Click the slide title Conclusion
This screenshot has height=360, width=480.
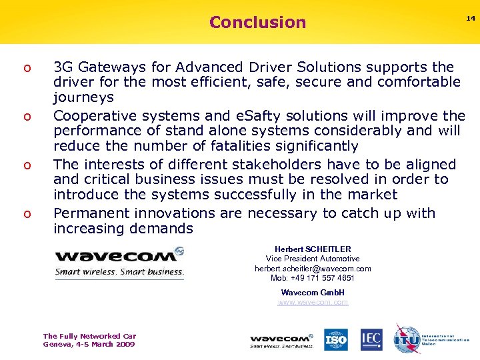[257, 22]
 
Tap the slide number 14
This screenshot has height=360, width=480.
[471, 19]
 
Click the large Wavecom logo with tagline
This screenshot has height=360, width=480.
[119, 262]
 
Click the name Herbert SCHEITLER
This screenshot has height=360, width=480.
[313, 249]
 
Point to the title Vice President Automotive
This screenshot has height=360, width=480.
[313, 259]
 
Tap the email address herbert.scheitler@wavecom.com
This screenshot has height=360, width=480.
[313, 269]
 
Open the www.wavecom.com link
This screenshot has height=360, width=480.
[313, 303]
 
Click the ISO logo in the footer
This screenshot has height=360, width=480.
[336, 339]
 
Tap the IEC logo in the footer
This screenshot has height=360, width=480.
[371, 339]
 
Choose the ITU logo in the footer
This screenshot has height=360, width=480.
[407, 339]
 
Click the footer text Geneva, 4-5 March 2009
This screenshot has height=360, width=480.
[89, 345]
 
